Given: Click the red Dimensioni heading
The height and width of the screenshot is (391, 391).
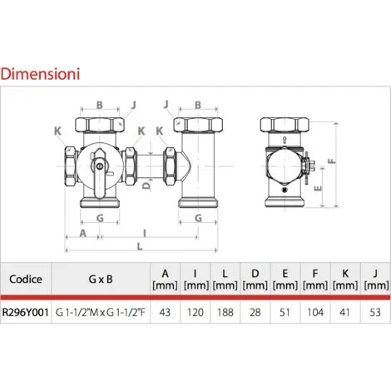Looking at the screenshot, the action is coord(40,74).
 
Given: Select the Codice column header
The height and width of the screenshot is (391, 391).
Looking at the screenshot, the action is coord(26,279).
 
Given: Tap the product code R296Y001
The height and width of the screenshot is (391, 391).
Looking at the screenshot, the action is coord(26,312).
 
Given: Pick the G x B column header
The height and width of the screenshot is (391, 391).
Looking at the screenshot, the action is coord(101,279).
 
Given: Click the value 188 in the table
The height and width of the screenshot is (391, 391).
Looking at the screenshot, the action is coord(225,312).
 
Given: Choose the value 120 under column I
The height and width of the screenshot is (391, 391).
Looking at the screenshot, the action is coord(195,312).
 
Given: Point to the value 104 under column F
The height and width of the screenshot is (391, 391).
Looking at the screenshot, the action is coord(315,312).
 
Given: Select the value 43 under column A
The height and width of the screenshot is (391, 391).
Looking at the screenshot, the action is coord(165,312).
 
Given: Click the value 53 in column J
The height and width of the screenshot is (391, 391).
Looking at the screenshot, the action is coord(375,312).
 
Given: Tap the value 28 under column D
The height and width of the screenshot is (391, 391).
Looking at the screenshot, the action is coord(255,312).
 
